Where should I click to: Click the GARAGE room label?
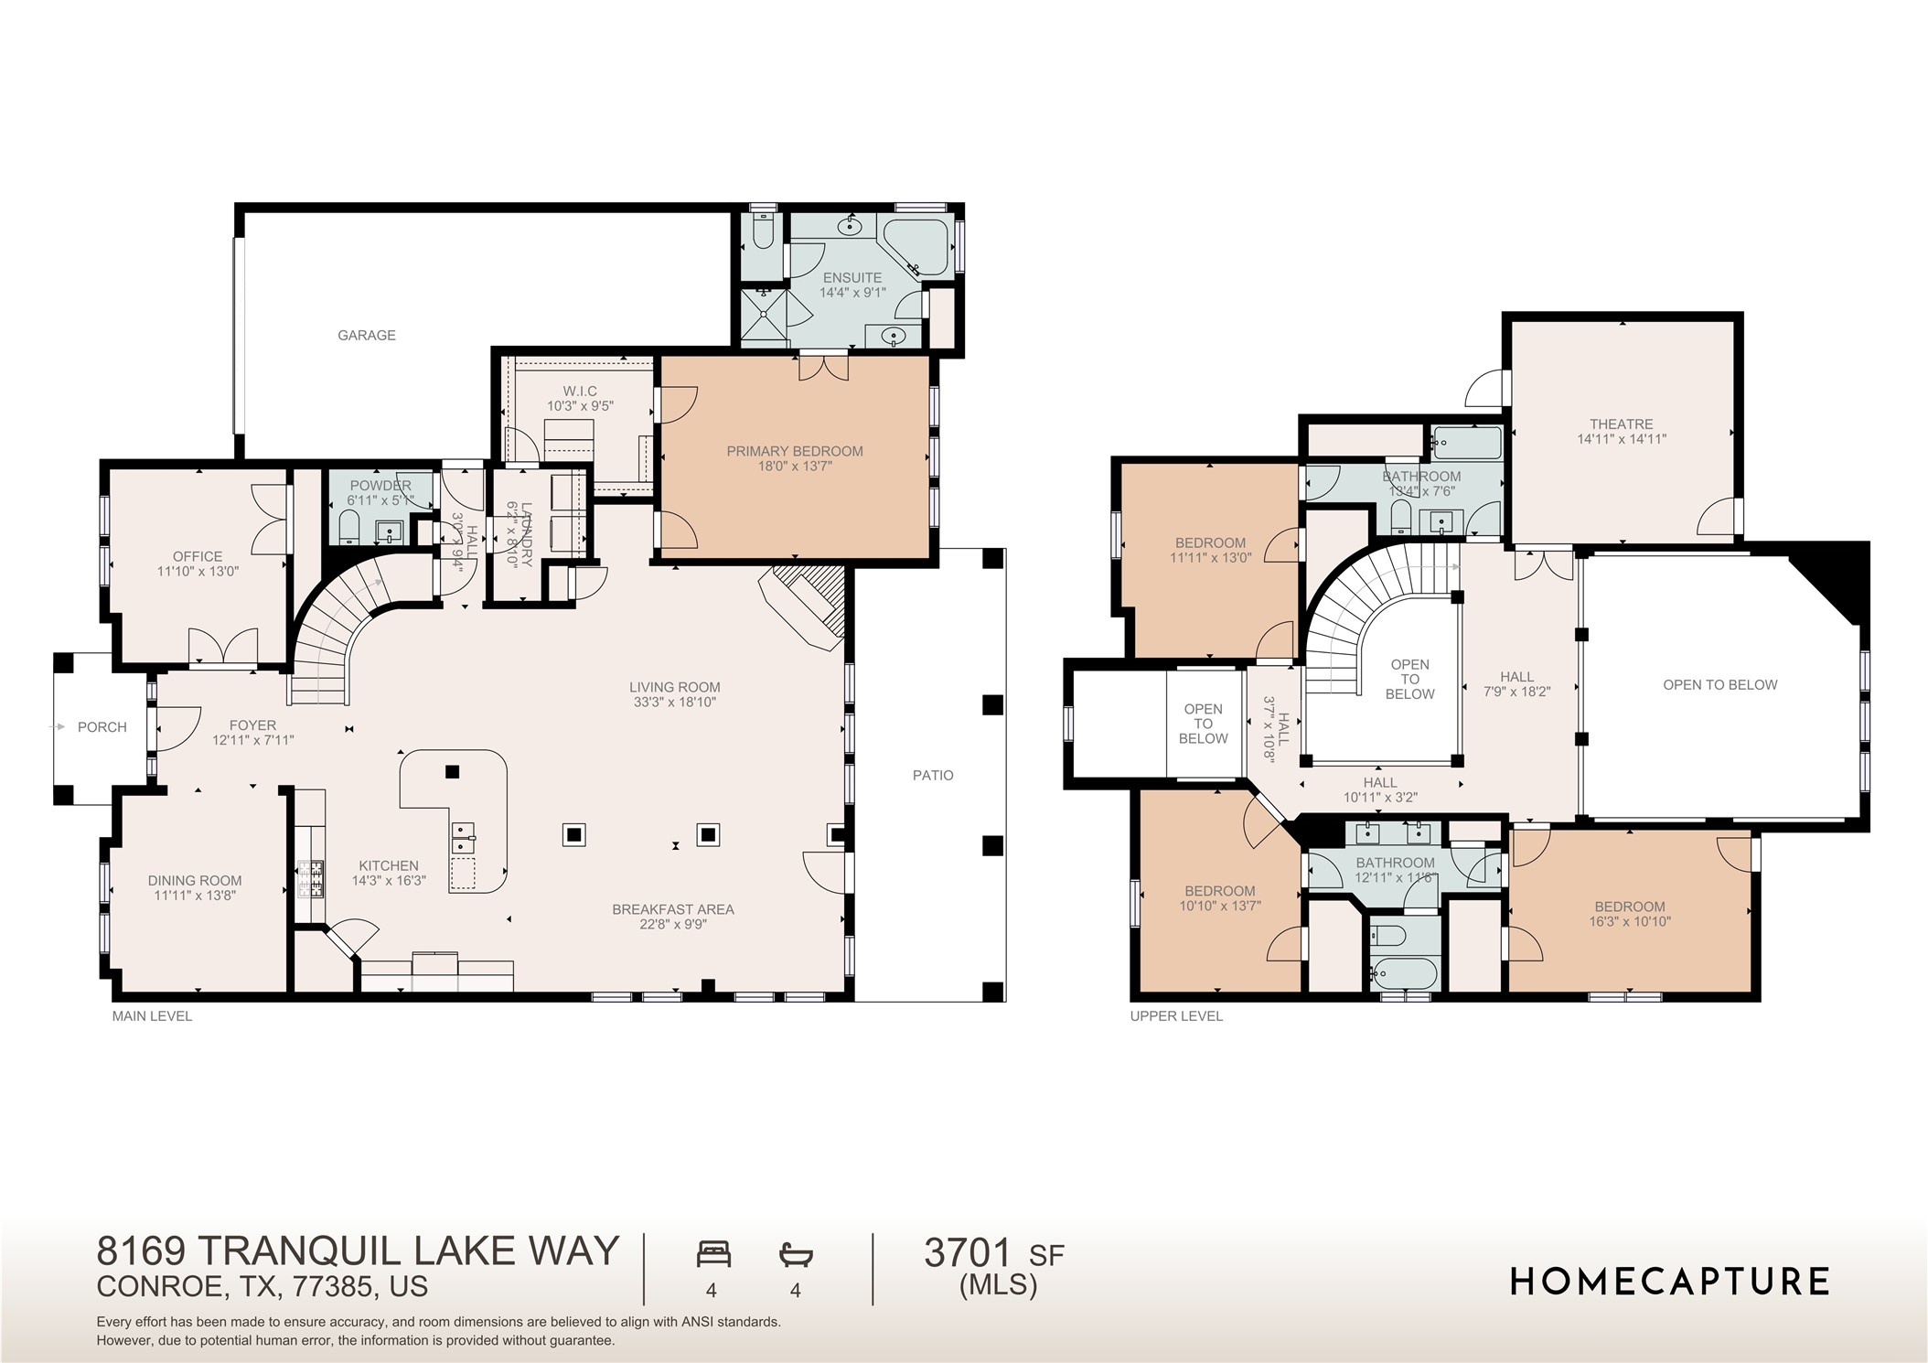(366, 336)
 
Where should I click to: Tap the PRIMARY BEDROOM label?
(794, 451)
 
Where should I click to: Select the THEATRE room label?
(1621, 424)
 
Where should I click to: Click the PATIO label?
(932, 775)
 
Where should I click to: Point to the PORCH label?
(102, 727)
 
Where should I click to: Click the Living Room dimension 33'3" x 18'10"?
(674, 703)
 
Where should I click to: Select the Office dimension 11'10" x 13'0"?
(198, 571)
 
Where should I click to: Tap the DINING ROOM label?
(195, 881)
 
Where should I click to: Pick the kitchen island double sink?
(464, 833)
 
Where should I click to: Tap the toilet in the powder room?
(348, 528)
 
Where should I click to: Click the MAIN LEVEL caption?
(152, 1015)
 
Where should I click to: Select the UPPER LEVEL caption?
(1175, 1015)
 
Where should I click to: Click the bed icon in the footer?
(713, 1253)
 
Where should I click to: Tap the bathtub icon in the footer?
(796, 1253)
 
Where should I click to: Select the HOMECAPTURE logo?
(1668, 1282)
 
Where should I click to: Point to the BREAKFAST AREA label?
(672, 909)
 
